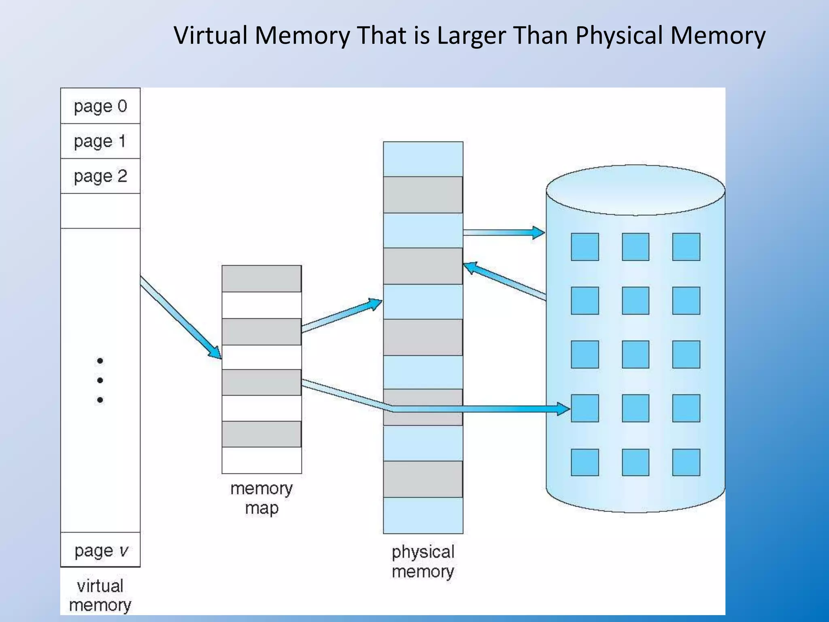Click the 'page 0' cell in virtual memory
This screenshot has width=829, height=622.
pos(100,106)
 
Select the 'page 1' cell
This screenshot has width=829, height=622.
pos(100,141)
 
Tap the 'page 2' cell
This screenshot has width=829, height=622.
pos(100,176)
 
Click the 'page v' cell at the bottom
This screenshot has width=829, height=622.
pos(100,550)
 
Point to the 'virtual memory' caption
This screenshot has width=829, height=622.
pos(100,595)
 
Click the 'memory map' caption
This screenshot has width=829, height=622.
pos(261,498)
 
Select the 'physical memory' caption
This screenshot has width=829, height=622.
pos(423,562)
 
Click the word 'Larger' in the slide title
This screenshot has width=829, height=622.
pos(471,35)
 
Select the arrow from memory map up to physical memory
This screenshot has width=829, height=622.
pos(341,315)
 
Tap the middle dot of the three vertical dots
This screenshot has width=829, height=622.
pos(100,380)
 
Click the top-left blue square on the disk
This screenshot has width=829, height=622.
pos(585,247)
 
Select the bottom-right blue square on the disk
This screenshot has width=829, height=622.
pos(686,462)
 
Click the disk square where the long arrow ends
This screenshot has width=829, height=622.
pos(585,408)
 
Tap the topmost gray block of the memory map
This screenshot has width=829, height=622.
pos(261,279)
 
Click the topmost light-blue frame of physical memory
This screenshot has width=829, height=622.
pos(423,159)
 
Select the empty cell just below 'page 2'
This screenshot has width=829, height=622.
pos(100,211)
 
